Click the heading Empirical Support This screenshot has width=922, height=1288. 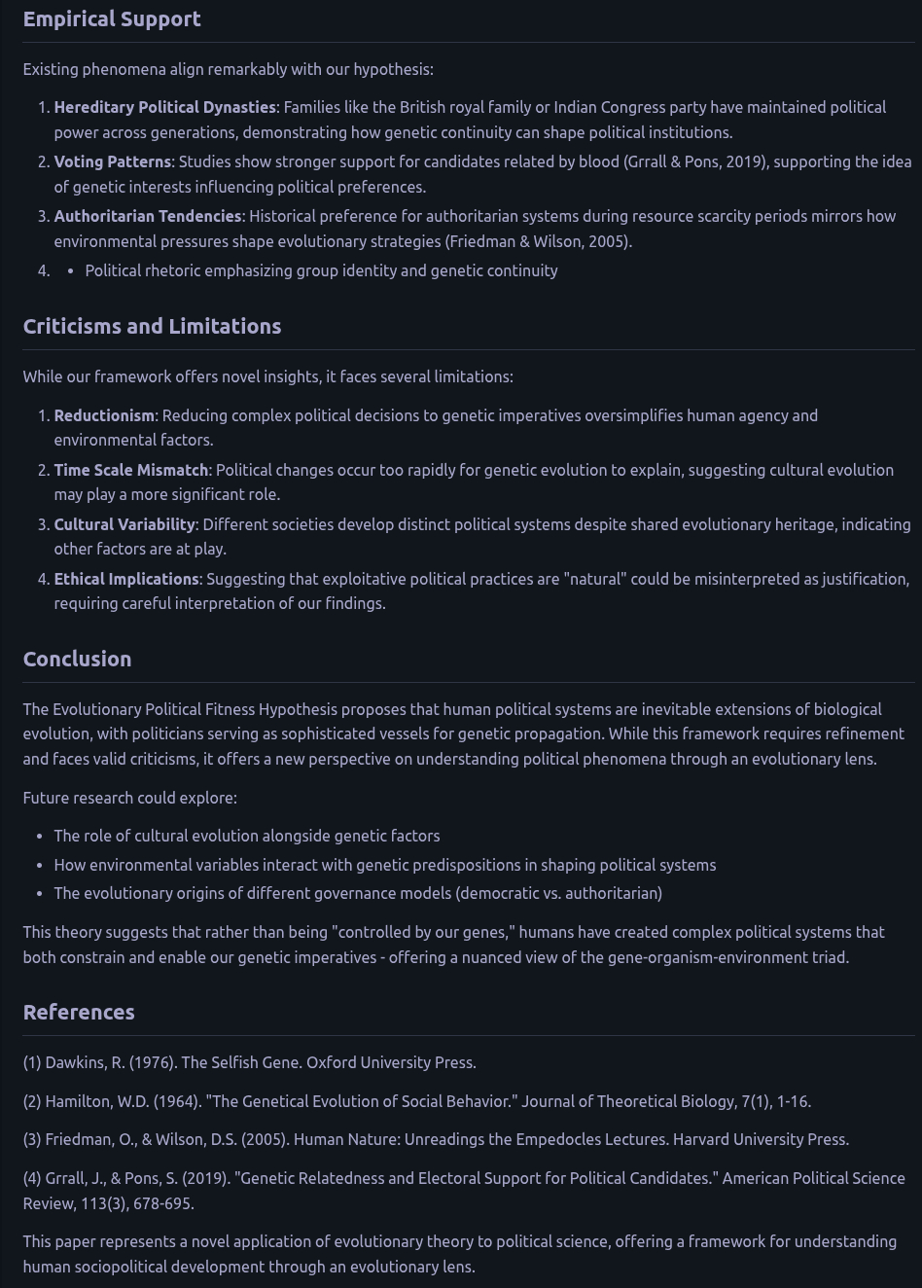point(112,19)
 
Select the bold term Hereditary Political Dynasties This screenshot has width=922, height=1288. point(164,107)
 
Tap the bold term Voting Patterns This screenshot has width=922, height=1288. point(112,161)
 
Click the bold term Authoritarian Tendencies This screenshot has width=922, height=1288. point(147,216)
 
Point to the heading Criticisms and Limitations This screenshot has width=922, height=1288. point(152,327)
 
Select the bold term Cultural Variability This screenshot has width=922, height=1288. point(124,524)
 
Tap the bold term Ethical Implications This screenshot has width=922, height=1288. point(125,579)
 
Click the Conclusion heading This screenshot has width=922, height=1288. point(77,660)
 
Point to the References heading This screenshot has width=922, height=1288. point(79,1013)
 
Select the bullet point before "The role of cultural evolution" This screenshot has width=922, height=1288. point(39,837)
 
